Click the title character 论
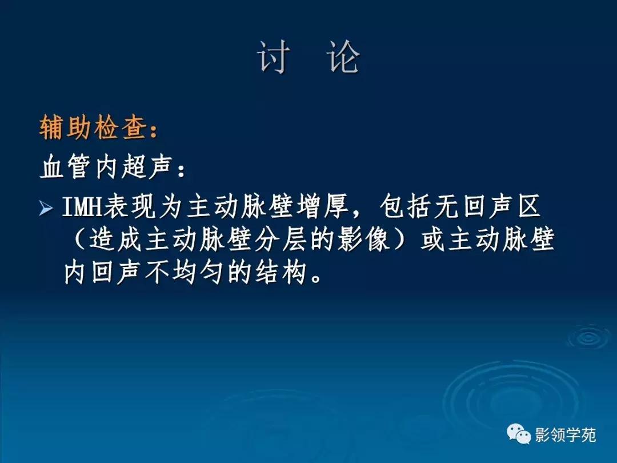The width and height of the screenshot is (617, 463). point(344,57)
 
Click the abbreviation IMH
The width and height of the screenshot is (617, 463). point(82,208)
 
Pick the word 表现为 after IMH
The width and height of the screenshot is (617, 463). point(144,208)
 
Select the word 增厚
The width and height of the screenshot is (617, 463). point(328,208)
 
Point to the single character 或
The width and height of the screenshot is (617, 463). point(433,241)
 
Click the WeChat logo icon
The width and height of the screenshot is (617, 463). point(519,435)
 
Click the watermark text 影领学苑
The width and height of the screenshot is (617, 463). point(565,435)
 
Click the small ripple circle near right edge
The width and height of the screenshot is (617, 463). point(587,337)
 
